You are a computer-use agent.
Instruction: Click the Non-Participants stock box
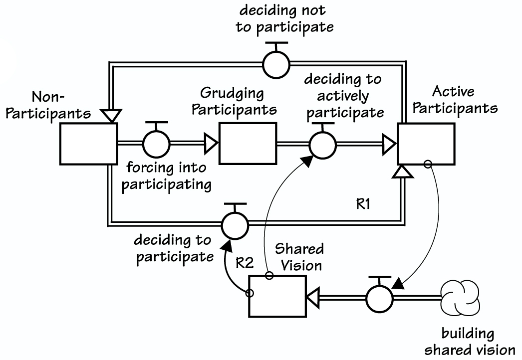coord(88,144)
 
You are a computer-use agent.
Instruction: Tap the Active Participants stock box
coord(426,144)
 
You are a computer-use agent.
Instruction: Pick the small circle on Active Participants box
coord(427,164)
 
